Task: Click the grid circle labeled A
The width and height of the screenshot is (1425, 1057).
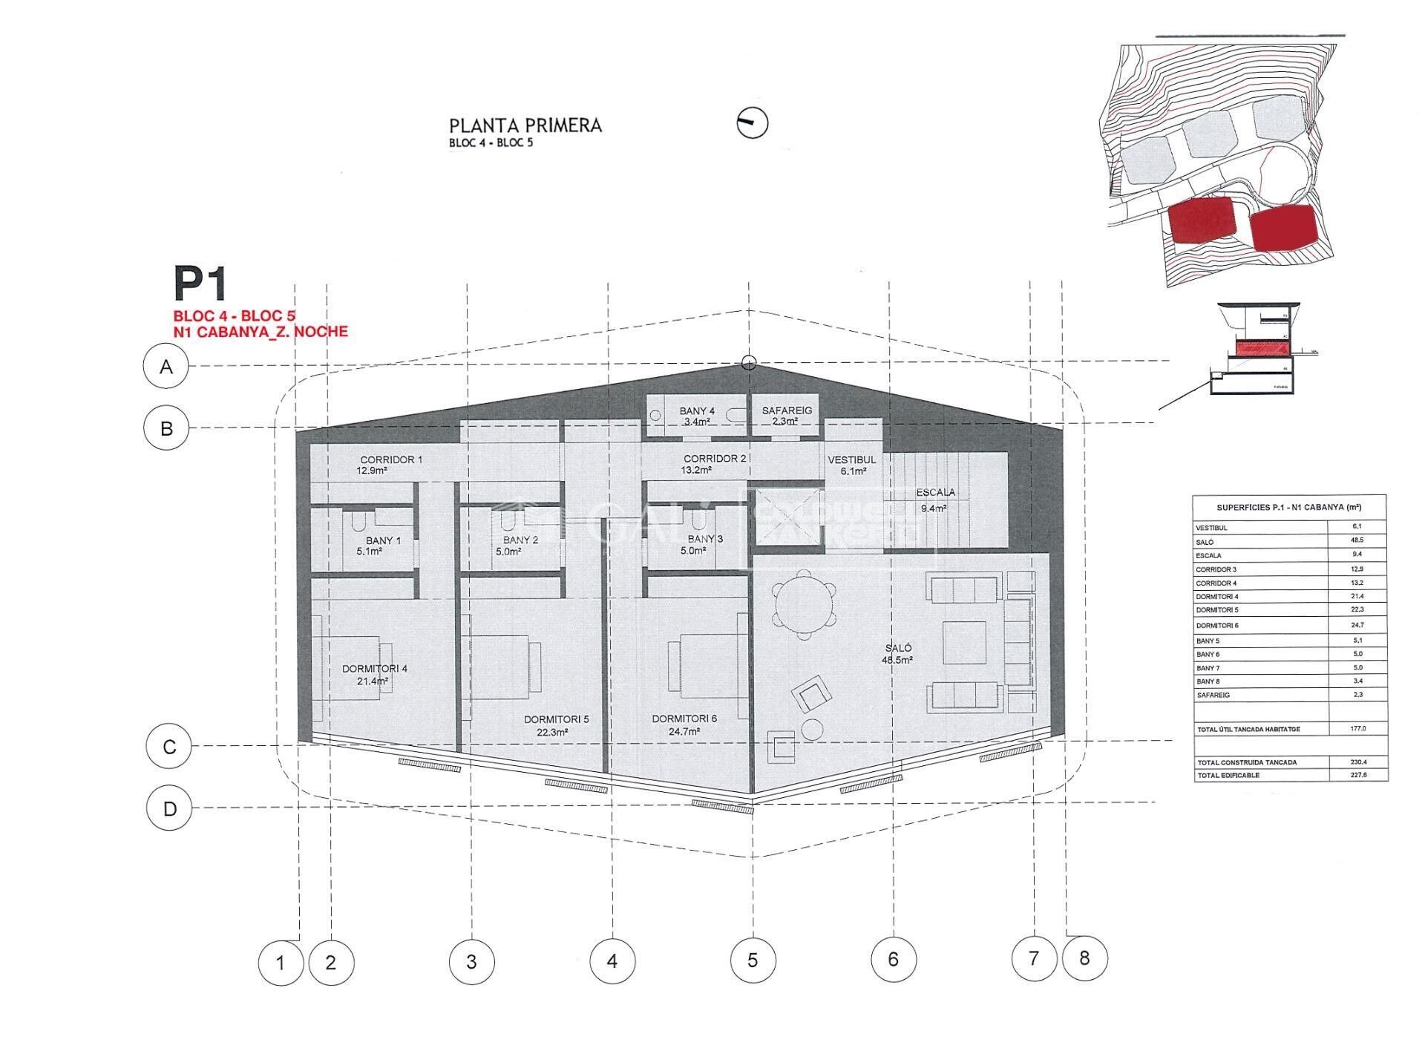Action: (x=166, y=366)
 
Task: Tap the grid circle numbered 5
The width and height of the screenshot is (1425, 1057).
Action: (x=753, y=961)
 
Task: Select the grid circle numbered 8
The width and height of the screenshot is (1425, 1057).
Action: (x=1084, y=958)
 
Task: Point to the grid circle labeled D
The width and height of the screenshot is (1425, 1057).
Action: (x=170, y=808)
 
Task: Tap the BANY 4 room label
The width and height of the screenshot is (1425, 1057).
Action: (x=697, y=410)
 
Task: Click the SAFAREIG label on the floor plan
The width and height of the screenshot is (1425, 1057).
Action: (x=787, y=410)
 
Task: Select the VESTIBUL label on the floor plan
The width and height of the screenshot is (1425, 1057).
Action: (x=851, y=459)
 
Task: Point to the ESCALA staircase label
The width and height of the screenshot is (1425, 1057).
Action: (x=935, y=492)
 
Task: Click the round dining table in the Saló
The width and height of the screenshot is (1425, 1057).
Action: (x=805, y=603)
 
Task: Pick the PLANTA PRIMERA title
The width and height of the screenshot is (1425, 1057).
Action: (x=525, y=125)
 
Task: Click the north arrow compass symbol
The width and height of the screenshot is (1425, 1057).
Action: (x=752, y=123)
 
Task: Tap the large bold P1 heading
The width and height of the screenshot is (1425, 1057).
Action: (x=200, y=283)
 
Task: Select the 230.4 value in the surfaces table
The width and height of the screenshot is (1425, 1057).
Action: (x=1357, y=762)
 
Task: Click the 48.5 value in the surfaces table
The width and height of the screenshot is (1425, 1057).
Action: (x=1357, y=540)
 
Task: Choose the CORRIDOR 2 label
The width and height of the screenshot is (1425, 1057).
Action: (x=714, y=459)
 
